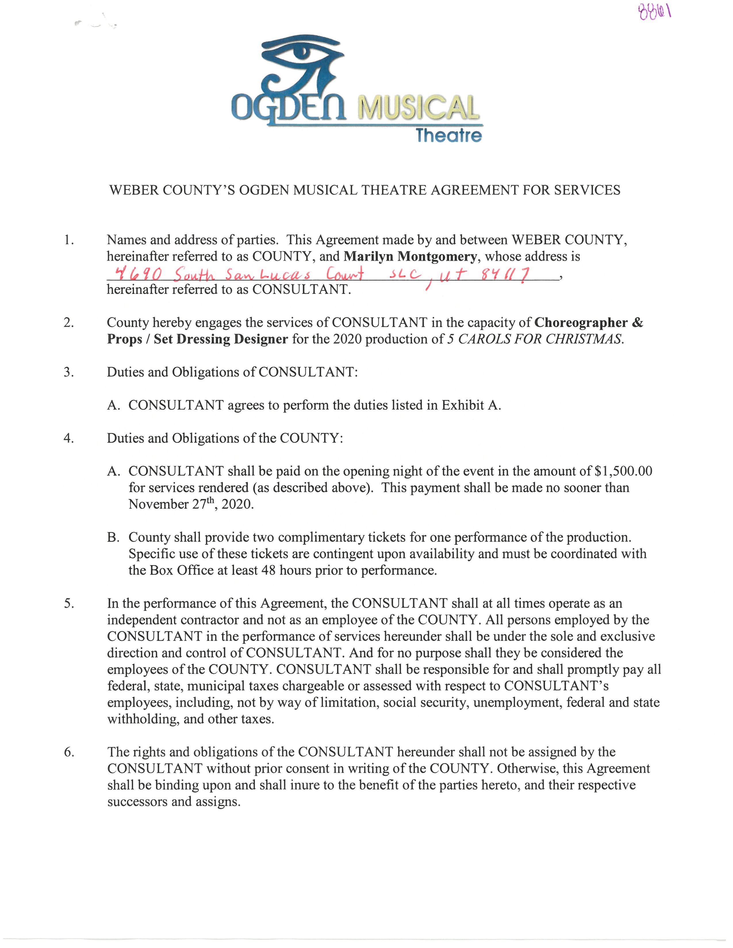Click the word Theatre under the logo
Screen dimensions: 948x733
tap(449, 135)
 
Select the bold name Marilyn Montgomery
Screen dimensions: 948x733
tap(410, 257)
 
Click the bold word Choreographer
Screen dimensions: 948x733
tap(581, 323)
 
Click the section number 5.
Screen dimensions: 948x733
tap(69, 603)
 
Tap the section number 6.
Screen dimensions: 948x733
tap(69, 752)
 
